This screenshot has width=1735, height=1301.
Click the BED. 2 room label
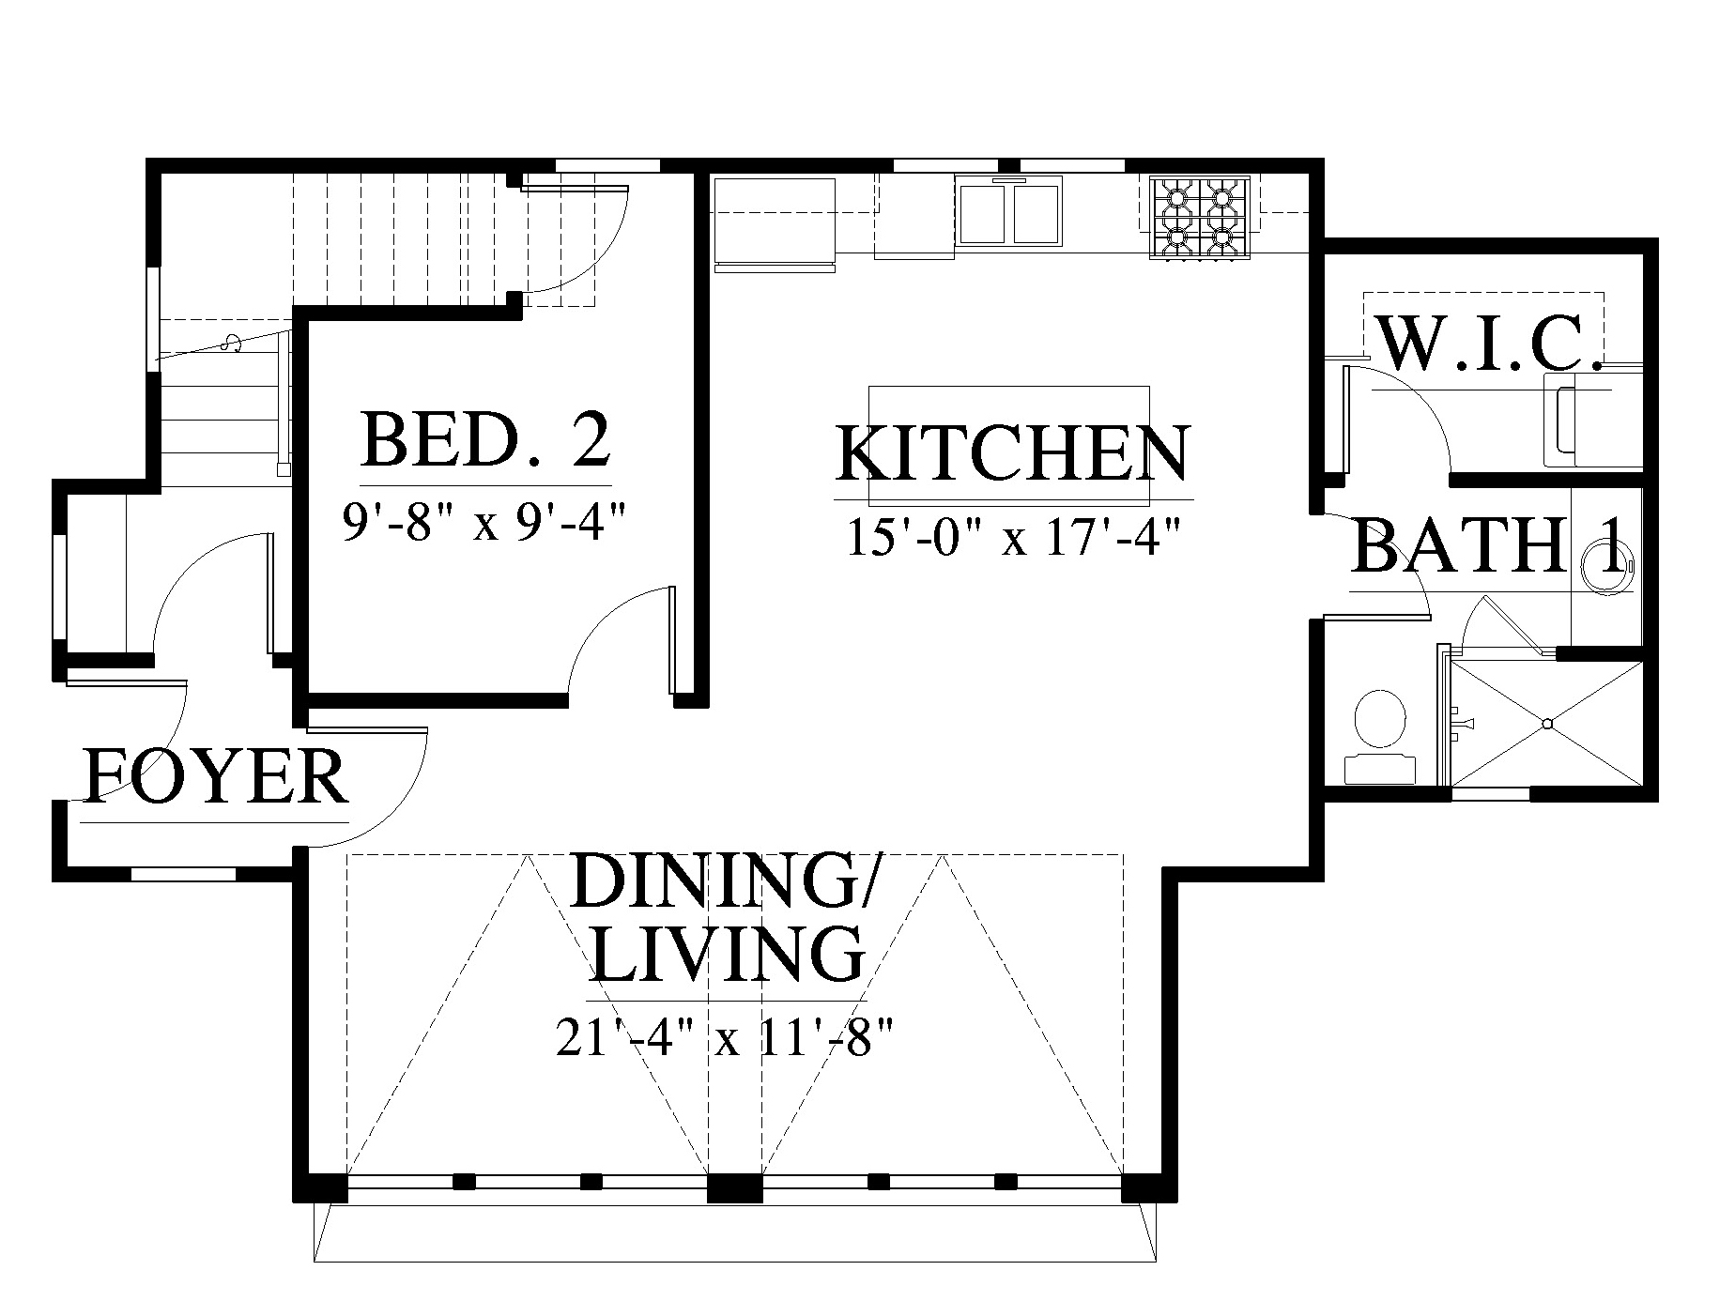coord(485,440)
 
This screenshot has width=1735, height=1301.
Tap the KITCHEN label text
coord(1013,452)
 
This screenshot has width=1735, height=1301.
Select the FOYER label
coord(216,776)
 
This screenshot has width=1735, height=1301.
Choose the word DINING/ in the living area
coord(724,879)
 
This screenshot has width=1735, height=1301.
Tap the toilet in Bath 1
coord(1380,737)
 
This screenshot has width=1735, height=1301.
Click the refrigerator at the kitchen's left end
coord(775,222)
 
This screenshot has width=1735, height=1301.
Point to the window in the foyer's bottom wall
coord(182,874)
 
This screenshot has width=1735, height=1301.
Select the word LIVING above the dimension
coord(729,954)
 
